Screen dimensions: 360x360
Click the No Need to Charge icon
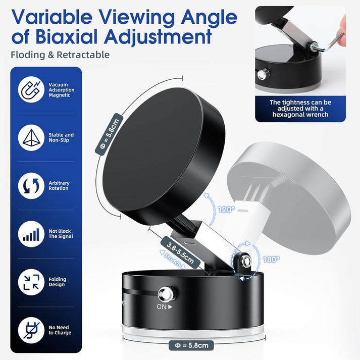pyautogui.click(x=31, y=330)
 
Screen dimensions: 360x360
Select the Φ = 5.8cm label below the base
pyautogui.click(x=191, y=345)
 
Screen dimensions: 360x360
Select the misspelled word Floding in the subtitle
pyautogui.click(x=29, y=55)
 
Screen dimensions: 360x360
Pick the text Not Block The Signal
pyautogui.click(x=61, y=234)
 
